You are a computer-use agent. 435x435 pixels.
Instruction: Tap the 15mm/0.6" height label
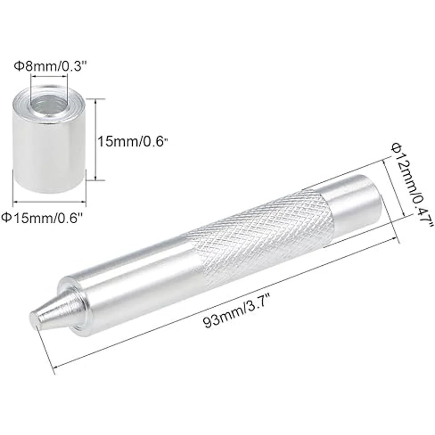click(133, 142)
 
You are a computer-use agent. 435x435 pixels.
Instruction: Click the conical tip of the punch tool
click(57, 309)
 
